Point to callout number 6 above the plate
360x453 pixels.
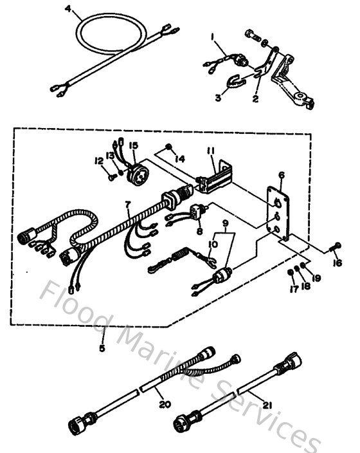pos(281,175)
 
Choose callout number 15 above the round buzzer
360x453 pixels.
pos(134,146)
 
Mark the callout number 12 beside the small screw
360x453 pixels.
pos(98,161)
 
